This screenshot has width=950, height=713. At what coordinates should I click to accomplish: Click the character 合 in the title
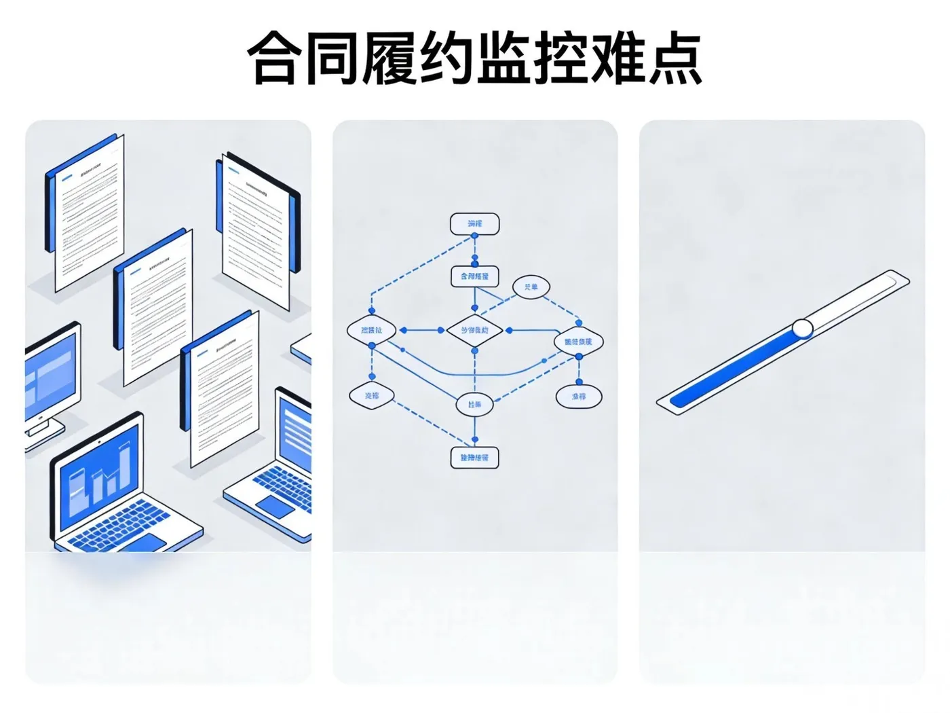275,58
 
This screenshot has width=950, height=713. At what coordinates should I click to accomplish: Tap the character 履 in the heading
388,58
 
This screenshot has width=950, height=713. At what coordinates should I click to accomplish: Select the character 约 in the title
445,58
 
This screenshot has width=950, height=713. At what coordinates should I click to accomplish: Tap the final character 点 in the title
674,58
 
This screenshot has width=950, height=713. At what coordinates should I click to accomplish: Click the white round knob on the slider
803,329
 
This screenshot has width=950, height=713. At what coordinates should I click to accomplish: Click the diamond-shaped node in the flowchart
474,331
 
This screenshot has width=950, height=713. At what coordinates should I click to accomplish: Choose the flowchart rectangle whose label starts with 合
474,276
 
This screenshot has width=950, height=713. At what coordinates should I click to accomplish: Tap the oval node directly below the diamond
474,405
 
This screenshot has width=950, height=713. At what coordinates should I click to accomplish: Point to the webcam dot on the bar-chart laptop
99,442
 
